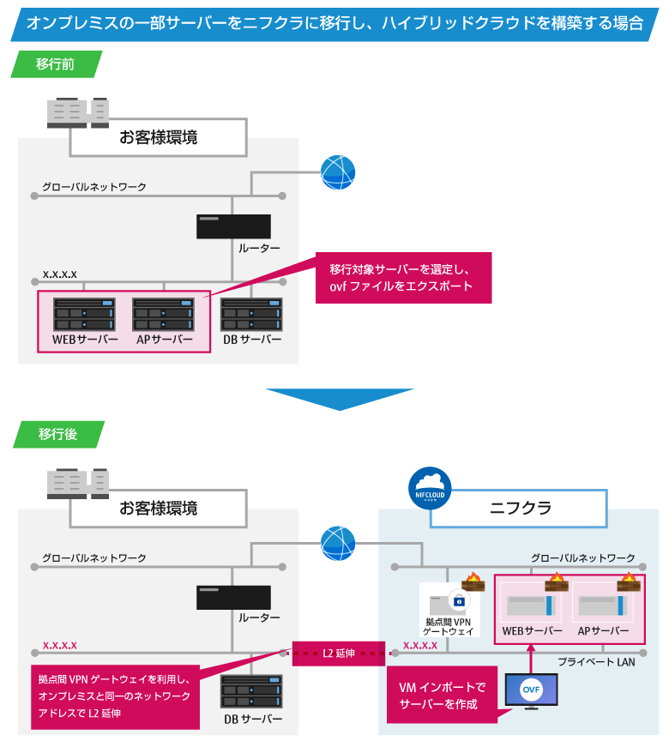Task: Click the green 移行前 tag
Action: point(57,64)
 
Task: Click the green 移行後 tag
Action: point(57,434)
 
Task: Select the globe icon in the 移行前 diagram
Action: point(337,172)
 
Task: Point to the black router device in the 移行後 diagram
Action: point(233,597)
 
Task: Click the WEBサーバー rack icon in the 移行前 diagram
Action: point(84,314)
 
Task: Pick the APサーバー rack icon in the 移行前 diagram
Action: point(163,314)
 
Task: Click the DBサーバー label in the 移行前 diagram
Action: point(251,340)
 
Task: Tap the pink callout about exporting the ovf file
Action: point(403,277)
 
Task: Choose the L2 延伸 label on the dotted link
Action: point(334,654)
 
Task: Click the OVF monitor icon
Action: point(531,690)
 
